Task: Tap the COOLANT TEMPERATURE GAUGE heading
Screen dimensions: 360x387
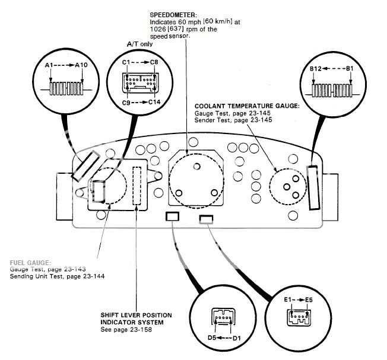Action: (247, 106)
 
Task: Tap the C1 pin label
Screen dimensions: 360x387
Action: (126, 61)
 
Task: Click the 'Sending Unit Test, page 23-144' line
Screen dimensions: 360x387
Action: (58, 277)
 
